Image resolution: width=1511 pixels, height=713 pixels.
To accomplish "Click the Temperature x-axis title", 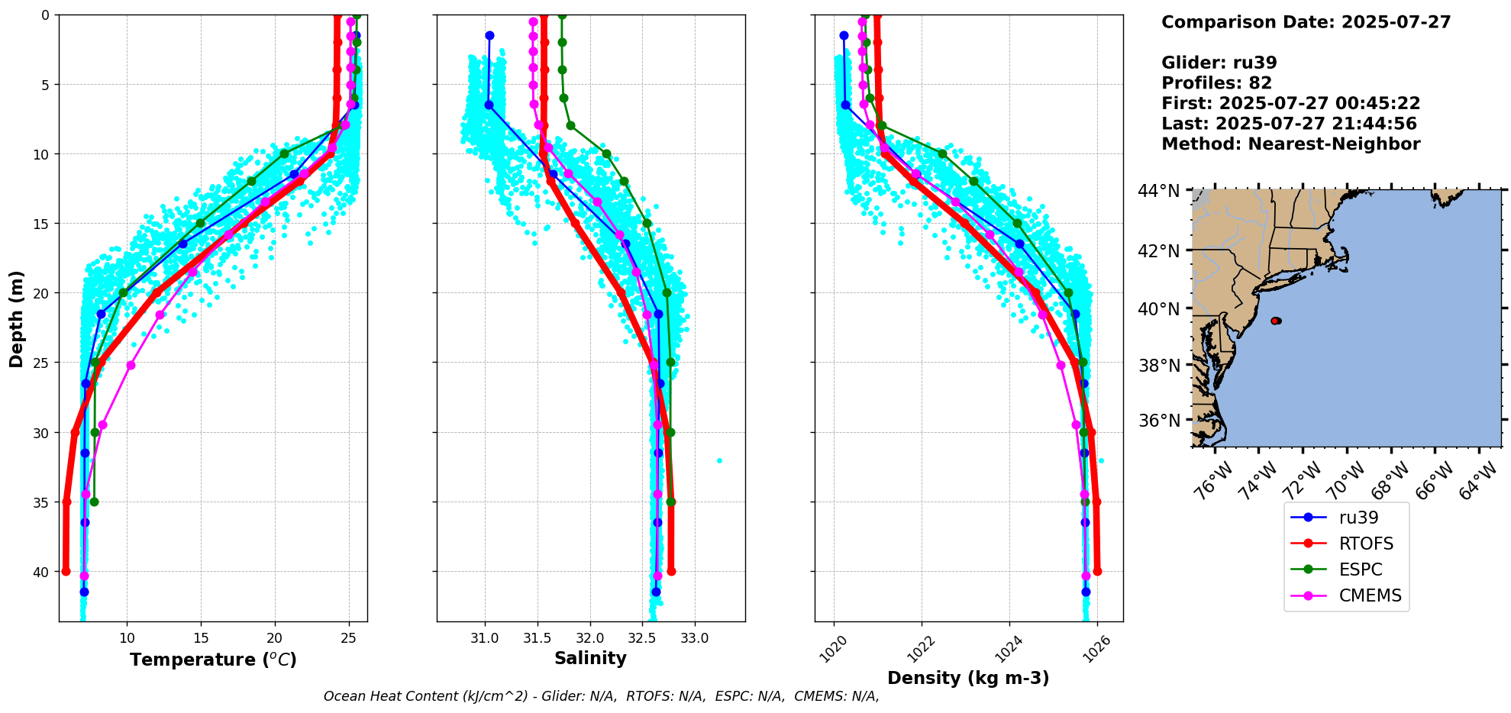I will coord(213,660).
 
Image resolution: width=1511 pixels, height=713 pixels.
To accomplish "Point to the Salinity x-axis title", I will coord(590,658).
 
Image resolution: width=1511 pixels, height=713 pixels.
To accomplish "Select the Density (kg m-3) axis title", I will coord(968,678).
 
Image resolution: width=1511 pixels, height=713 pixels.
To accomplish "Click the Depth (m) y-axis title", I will coord(17,318).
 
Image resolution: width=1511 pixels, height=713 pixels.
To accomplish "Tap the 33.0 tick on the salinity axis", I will coord(694,637).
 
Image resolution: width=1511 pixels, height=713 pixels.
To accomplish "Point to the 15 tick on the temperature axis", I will coord(201,637).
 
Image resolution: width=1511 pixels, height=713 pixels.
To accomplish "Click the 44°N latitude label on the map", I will coord(1158,191).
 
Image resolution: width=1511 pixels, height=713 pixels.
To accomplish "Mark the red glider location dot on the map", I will coord(1276,321).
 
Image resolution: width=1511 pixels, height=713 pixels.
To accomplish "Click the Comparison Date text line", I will coord(1306,22).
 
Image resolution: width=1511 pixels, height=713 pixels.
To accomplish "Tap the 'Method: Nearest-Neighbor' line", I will coord(1290,144).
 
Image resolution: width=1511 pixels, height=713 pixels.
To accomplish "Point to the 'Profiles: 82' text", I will coord(1216,83).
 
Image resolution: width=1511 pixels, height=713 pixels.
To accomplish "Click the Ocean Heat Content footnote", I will coord(601,696).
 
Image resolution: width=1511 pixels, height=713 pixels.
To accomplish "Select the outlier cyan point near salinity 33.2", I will coord(719,460).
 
